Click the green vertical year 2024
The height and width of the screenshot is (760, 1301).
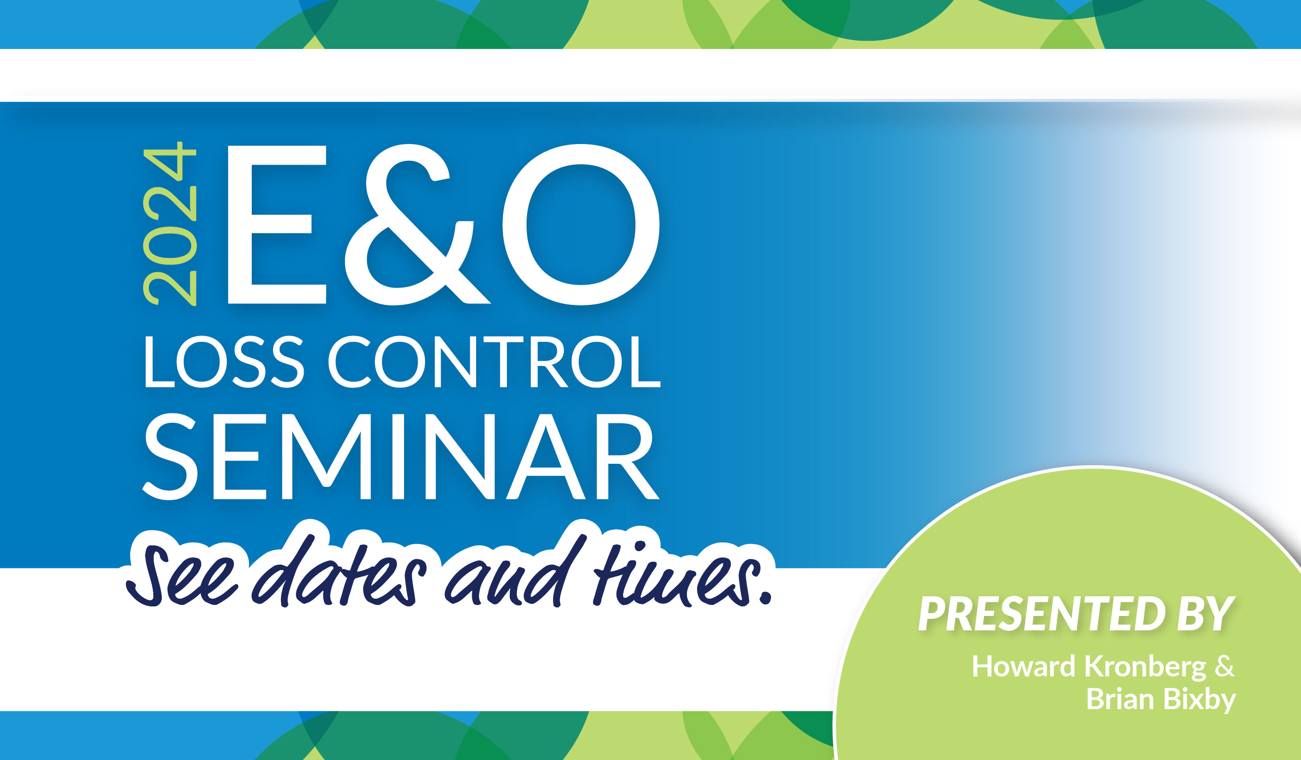pyautogui.click(x=170, y=223)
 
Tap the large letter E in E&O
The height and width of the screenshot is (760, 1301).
pyautogui.click(x=277, y=224)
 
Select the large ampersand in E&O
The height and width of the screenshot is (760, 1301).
pyautogui.click(x=417, y=224)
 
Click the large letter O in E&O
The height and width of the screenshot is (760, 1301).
pyautogui.click(x=581, y=224)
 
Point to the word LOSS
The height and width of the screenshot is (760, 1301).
pyautogui.click(x=224, y=361)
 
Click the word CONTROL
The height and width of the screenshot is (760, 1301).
pyautogui.click(x=494, y=361)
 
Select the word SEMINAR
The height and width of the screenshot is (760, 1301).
pyautogui.click(x=401, y=457)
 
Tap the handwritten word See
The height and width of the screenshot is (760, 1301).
pyautogui.click(x=182, y=576)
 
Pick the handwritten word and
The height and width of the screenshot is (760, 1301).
pyautogui.click(x=516, y=570)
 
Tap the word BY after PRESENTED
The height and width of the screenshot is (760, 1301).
pyautogui.click(x=1206, y=614)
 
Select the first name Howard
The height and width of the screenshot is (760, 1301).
pyautogui.click(x=1023, y=666)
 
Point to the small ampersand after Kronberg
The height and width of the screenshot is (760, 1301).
pyautogui.click(x=1225, y=666)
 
